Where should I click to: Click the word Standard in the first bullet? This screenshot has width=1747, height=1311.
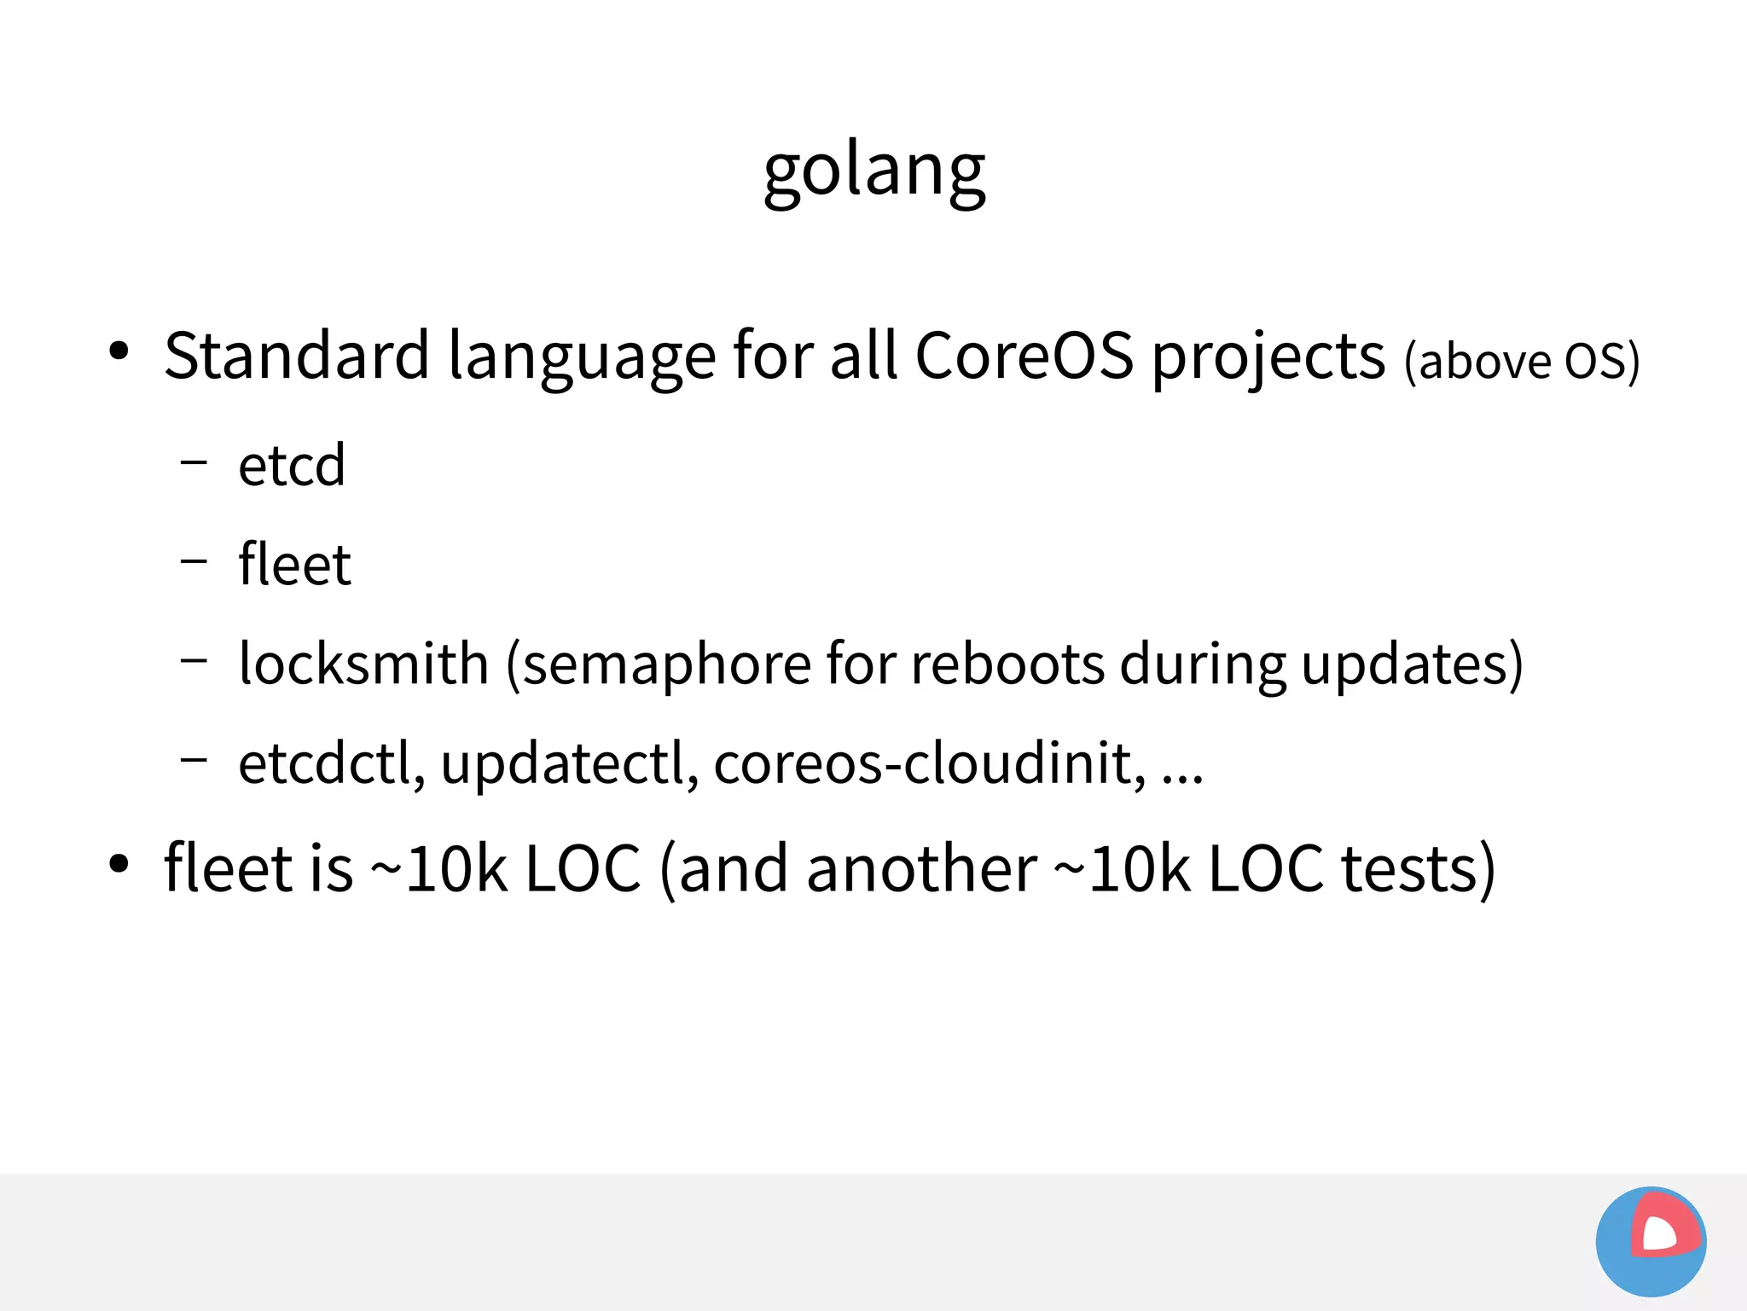296,356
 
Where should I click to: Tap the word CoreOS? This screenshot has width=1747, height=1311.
1024,356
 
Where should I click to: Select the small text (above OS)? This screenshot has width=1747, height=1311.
1522,362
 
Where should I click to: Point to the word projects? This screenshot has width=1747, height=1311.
1268,358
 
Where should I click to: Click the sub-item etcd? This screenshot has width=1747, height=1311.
292,467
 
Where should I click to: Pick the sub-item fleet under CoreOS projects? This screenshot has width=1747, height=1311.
294,565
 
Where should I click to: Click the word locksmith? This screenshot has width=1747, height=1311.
363,664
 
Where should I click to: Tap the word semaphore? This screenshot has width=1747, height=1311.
666,665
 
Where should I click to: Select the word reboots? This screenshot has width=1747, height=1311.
1007,664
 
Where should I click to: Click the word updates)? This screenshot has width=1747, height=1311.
1412,665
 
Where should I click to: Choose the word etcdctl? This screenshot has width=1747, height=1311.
331,763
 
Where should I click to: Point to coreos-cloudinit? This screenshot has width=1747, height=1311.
930,763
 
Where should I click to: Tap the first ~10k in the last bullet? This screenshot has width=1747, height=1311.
438,869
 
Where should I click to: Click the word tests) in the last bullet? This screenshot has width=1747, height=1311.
1418,869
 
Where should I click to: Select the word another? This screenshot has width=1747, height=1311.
922,869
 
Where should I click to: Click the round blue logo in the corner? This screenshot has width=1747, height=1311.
1651,1241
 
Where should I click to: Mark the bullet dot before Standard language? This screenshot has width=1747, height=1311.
119,351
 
